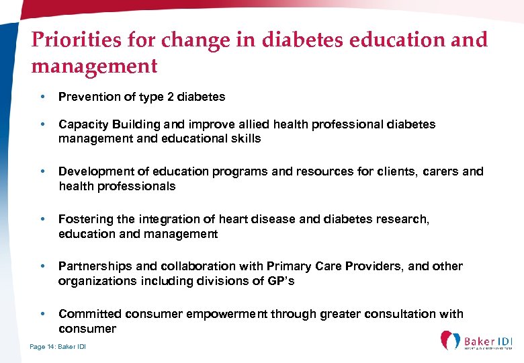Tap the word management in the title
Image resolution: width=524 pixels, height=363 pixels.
[x=94, y=67]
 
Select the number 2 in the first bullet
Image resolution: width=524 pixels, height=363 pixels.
[x=171, y=97]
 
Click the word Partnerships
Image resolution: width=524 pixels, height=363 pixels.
[x=91, y=266]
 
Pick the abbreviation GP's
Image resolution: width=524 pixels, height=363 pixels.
[x=281, y=281]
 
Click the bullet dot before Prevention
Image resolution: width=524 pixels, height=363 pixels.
[x=42, y=97]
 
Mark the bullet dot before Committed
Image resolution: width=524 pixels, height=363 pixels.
[x=42, y=314]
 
